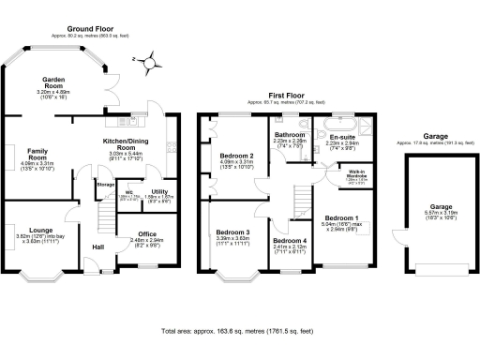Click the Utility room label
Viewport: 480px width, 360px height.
159,191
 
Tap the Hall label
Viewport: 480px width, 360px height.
97,247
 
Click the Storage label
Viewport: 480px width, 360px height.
105,185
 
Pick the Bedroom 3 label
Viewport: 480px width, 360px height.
232,232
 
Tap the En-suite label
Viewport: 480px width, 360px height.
341,137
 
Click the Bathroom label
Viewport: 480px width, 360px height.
290,135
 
